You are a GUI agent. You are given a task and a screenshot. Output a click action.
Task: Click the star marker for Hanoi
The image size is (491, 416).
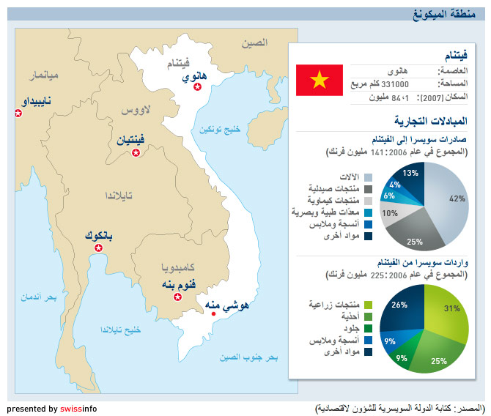click(197, 86)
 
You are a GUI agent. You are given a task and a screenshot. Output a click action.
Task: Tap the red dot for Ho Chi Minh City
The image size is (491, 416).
click(213, 313)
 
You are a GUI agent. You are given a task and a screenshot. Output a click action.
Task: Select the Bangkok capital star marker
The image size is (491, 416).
click(99, 248)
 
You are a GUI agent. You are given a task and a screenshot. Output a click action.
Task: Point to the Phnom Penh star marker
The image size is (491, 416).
click(178, 297)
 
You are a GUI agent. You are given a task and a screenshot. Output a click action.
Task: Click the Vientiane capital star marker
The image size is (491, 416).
click(136, 152)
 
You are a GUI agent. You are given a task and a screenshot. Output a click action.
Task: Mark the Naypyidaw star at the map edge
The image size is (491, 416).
click(18, 113)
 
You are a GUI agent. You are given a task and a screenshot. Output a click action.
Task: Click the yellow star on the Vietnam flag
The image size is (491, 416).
click(320, 80)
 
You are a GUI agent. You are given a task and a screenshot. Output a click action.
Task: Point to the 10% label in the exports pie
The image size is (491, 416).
click(390, 213)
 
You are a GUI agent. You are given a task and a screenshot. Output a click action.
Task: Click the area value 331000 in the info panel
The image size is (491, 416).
click(395, 84)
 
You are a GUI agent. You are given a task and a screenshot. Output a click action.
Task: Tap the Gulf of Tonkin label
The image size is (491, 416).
click(220, 130)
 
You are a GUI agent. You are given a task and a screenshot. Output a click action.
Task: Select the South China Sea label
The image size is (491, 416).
click(248, 357)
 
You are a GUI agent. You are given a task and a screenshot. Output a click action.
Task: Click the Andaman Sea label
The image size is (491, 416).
click(39, 297)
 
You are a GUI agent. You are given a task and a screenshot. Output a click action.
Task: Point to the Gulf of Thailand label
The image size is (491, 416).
click(120, 330)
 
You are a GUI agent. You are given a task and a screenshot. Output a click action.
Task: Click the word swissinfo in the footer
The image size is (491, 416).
click(78, 409)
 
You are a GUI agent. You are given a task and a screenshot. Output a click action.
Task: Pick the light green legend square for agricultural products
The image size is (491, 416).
click(368, 305)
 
